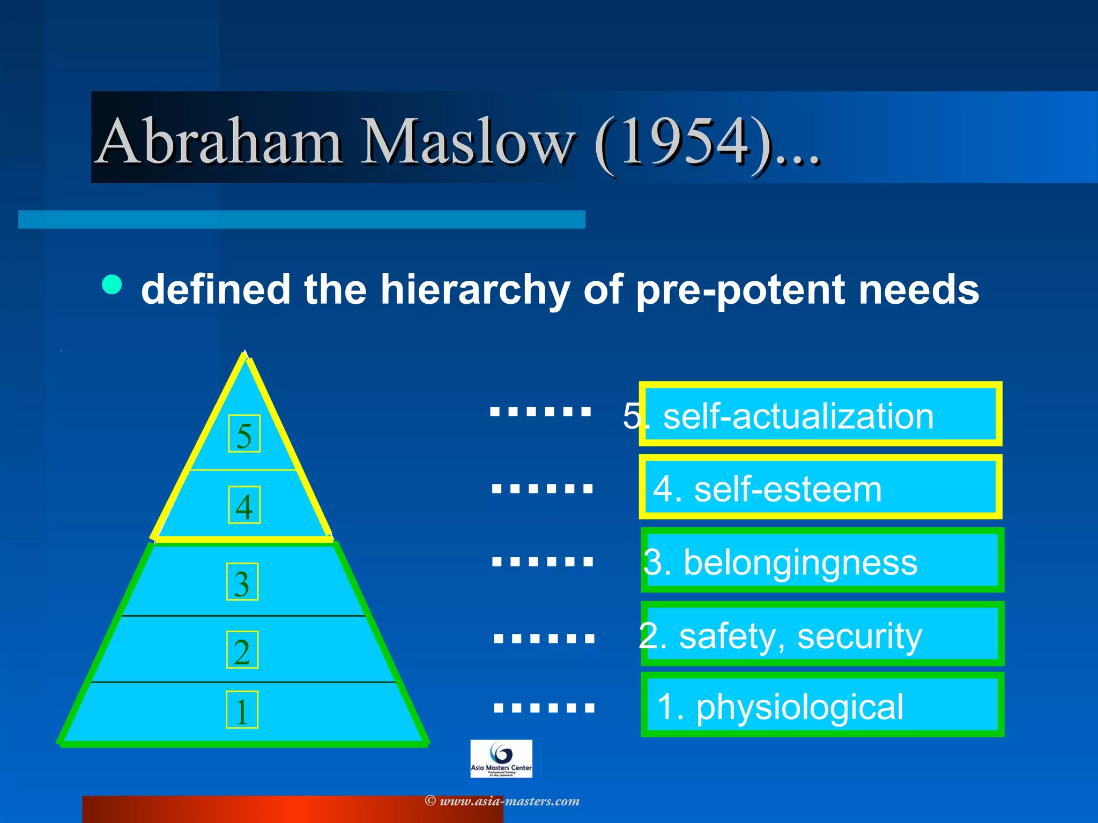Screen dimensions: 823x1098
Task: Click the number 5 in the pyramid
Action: click(x=244, y=433)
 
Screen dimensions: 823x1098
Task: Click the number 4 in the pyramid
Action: click(x=244, y=505)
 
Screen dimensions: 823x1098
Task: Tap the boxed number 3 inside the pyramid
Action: click(x=242, y=582)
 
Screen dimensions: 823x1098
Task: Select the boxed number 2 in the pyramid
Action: click(x=242, y=650)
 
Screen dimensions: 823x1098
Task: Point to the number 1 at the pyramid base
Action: click(x=242, y=710)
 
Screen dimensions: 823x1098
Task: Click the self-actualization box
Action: click(x=820, y=414)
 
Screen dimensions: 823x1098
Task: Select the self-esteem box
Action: click(x=820, y=487)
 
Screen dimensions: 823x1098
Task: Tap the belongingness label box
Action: click(x=822, y=560)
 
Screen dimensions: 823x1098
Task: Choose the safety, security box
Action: click(x=822, y=634)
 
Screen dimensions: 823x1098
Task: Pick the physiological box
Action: click(x=822, y=705)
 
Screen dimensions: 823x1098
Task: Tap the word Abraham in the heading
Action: click(x=220, y=142)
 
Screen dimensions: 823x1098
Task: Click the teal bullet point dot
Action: click(x=112, y=285)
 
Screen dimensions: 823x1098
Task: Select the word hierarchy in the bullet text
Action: click(x=475, y=290)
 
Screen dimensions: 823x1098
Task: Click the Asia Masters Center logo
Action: click(x=501, y=759)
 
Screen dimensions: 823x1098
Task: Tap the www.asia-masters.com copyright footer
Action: click(x=503, y=801)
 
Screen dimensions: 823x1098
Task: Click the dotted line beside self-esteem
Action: click(x=542, y=488)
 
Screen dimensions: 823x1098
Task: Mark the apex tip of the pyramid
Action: click(x=245, y=353)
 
